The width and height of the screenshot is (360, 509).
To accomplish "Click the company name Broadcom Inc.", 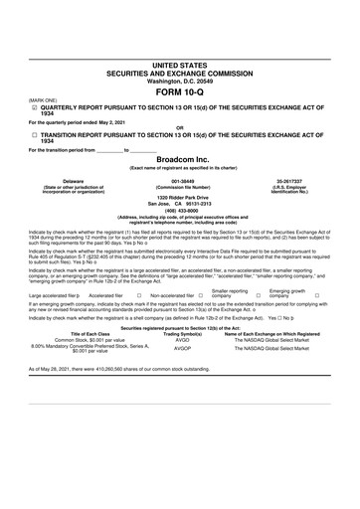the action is (180, 160).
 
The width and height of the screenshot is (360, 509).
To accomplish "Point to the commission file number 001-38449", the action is (180, 181).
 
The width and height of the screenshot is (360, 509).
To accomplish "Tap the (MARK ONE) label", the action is (43, 99).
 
